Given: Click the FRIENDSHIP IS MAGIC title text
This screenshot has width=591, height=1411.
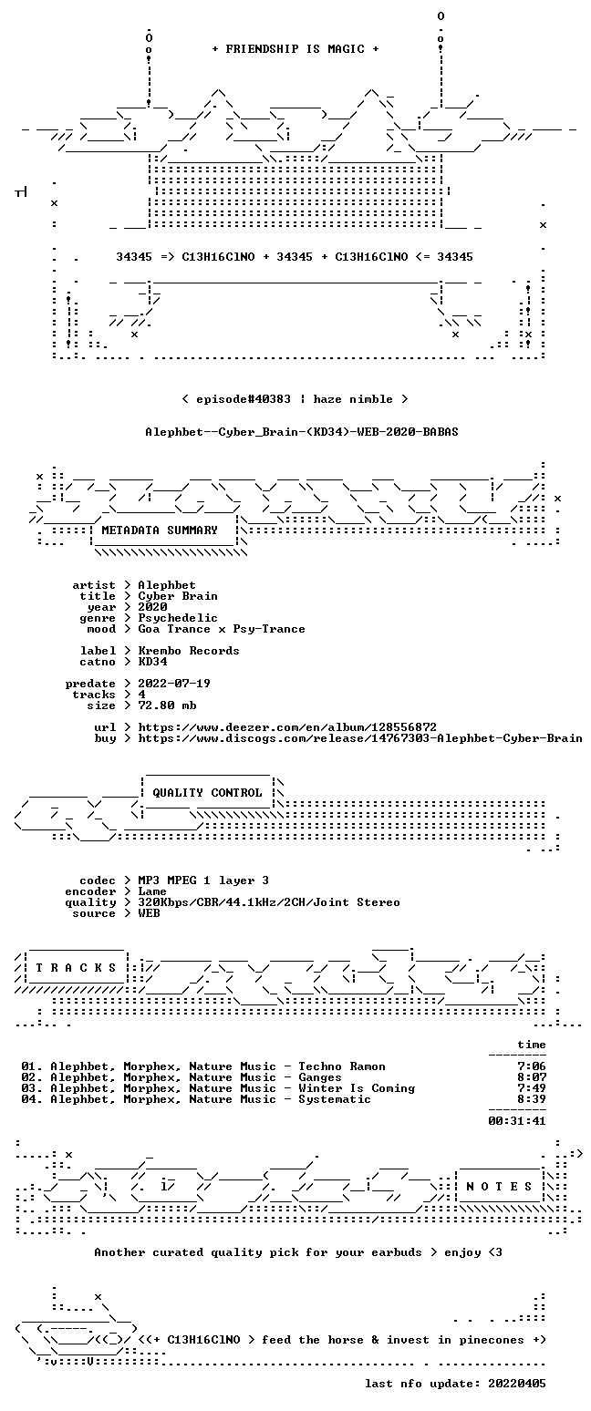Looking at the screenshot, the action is pyautogui.click(x=295, y=49).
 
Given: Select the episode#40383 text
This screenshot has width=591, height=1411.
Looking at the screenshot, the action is pyautogui.click(x=244, y=398).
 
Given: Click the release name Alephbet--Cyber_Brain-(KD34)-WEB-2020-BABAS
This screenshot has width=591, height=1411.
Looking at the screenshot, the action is pyautogui.click(x=302, y=432).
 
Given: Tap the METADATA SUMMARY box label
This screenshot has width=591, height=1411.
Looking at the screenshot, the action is pyautogui.click(x=160, y=530).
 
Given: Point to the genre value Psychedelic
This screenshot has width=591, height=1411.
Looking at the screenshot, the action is pyautogui.click(x=178, y=619).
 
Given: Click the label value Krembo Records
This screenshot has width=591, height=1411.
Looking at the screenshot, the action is pyautogui.click(x=189, y=651).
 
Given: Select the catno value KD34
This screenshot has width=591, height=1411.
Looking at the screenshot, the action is pyautogui.click(x=152, y=662).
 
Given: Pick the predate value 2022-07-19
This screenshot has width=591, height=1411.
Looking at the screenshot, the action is pyautogui.click(x=174, y=684).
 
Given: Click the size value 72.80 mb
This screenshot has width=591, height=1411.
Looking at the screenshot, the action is pyautogui.click(x=167, y=705).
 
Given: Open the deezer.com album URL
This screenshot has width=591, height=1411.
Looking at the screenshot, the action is pyautogui.click(x=287, y=727).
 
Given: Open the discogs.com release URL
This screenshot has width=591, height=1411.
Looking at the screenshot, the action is pyautogui.click(x=359, y=738).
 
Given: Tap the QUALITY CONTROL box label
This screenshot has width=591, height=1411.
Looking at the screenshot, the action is pyautogui.click(x=207, y=793).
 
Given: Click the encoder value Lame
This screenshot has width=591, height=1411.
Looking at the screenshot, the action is pyautogui.click(x=152, y=891).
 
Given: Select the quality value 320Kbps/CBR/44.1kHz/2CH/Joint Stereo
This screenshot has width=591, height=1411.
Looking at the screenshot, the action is pyautogui.click(x=269, y=902).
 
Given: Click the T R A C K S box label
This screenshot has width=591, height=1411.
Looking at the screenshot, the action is pyautogui.click(x=77, y=968).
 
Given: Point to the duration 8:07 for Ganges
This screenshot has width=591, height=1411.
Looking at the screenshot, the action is pyautogui.click(x=531, y=1077).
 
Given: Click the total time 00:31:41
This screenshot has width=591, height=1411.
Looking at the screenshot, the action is pyautogui.click(x=516, y=1121).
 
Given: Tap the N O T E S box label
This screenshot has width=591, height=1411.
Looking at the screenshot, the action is pyautogui.click(x=499, y=1187).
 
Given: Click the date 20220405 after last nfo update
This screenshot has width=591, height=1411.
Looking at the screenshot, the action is pyautogui.click(x=516, y=1384).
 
